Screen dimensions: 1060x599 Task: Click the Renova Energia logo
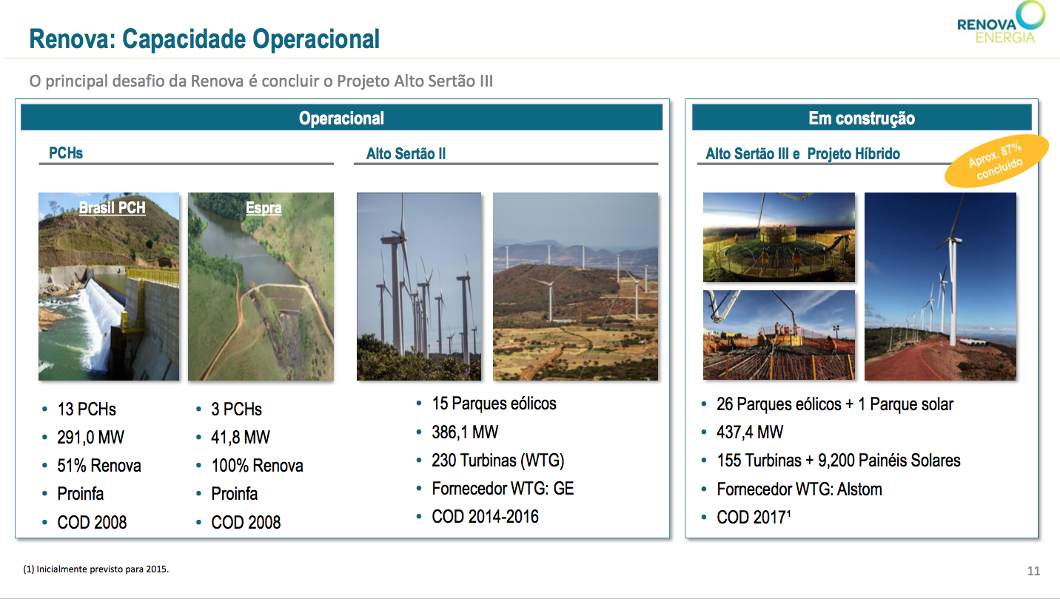1000,23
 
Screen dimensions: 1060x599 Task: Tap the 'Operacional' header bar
341,118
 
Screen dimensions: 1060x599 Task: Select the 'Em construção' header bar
862,118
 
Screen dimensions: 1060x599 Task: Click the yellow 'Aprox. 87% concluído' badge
996,161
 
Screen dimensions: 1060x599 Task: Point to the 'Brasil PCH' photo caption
113,207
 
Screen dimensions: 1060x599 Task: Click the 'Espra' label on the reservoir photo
264,207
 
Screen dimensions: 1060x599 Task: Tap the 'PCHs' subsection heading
66,153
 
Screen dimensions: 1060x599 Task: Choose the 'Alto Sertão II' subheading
406,153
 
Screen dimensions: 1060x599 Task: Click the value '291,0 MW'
91,437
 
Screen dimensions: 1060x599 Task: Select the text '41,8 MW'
241,437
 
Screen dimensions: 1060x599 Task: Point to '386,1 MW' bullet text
465,432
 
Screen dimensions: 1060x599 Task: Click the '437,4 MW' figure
750,432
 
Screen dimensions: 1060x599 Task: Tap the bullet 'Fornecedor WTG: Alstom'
799,489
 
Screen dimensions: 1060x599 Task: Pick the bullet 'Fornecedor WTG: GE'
503,488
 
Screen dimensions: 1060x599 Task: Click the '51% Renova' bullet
99,466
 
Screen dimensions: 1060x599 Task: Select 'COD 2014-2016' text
485,517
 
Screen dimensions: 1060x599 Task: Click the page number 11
1033,571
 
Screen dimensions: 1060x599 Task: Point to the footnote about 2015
96,569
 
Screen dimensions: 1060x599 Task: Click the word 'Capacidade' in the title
184,39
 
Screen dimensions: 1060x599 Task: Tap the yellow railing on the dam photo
152,275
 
